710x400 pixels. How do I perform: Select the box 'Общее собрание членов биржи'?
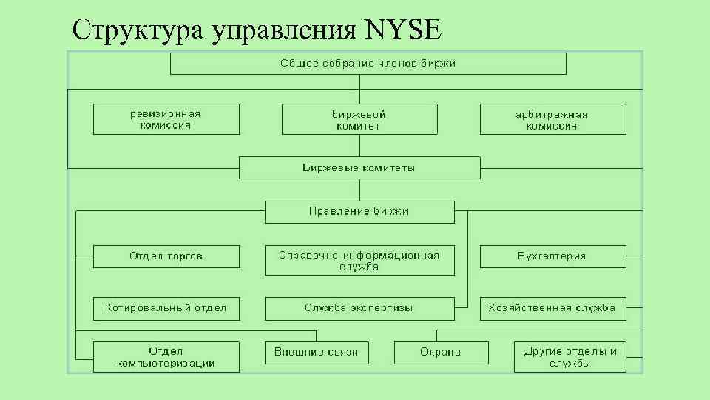[368, 64]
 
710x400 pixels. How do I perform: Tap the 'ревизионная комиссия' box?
[166, 119]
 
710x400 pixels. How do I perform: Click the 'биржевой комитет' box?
[359, 119]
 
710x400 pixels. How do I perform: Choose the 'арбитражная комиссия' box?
[552, 119]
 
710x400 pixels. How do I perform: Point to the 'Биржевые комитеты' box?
[359, 167]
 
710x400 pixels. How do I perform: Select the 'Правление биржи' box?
[359, 212]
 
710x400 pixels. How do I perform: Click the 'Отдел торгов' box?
[166, 256]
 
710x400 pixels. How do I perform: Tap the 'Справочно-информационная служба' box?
[359, 261]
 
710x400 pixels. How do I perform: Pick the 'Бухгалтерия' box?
[552, 256]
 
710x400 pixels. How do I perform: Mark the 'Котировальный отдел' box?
[166, 308]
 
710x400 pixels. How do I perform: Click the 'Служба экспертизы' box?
[359, 308]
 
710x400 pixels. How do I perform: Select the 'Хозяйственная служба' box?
[552, 308]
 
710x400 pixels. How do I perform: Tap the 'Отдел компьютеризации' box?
[166, 357]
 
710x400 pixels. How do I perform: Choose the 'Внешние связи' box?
[317, 353]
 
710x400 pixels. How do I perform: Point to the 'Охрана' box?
[441, 353]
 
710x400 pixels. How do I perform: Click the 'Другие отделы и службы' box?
[570, 357]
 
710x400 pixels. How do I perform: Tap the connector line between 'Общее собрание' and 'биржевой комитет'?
[359, 89]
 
